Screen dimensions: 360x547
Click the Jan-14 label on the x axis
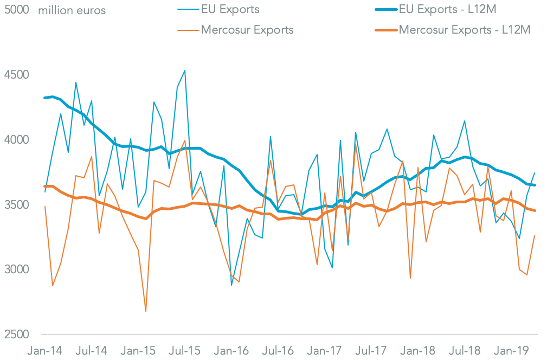point(45,350)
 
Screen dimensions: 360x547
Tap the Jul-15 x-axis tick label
point(185,350)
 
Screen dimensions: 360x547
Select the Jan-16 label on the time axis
point(231,350)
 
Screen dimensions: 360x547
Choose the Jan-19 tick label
point(512,350)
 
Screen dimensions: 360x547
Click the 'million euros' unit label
point(72,10)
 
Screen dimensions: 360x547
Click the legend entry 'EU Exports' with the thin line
point(230,9)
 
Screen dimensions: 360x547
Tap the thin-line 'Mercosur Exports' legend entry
point(247,29)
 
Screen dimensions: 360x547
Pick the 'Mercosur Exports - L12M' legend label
point(464,29)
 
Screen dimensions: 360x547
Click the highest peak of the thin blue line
point(185,70)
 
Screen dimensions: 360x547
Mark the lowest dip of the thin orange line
point(146,311)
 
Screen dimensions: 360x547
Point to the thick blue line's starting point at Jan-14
point(45,98)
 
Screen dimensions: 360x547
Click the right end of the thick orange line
point(536,210)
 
